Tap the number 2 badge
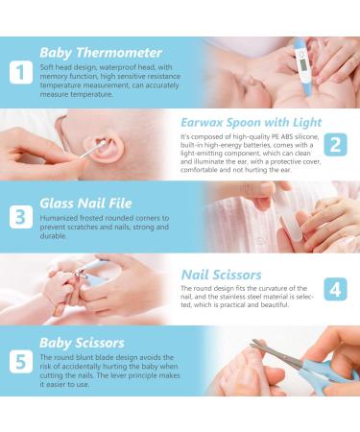(x=335, y=145)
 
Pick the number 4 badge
(x=335, y=289)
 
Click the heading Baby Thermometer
(x=101, y=52)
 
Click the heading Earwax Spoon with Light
(x=251, y=122)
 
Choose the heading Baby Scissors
(x=82, y=342)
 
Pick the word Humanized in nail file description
(x=60, y=219)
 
